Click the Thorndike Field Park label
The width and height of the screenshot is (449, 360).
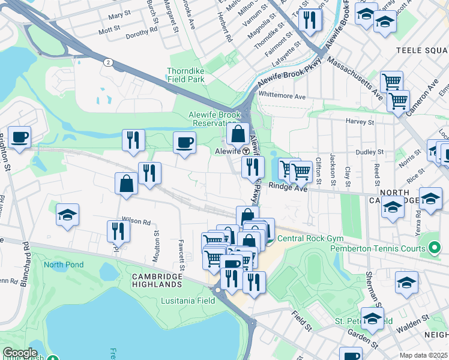(x=187, y=74)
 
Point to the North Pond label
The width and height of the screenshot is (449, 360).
(x=62, y=264)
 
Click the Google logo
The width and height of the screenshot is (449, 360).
(x=20, y=353)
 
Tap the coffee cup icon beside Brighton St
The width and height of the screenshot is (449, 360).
(x=19, y=137)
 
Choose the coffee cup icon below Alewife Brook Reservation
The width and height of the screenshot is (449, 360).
(x=184, y=143)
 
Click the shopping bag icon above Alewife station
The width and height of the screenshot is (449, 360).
(x=238, y=133)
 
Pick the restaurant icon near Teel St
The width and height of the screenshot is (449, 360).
(x=310, y=19)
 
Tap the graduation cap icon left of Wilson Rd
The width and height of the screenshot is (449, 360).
(x=68, y=214)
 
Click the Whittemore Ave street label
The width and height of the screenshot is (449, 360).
(x=282, y=96)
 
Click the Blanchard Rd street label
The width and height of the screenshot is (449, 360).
(x=25, y=264)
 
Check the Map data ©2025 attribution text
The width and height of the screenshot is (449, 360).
(x=423, y=355)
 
